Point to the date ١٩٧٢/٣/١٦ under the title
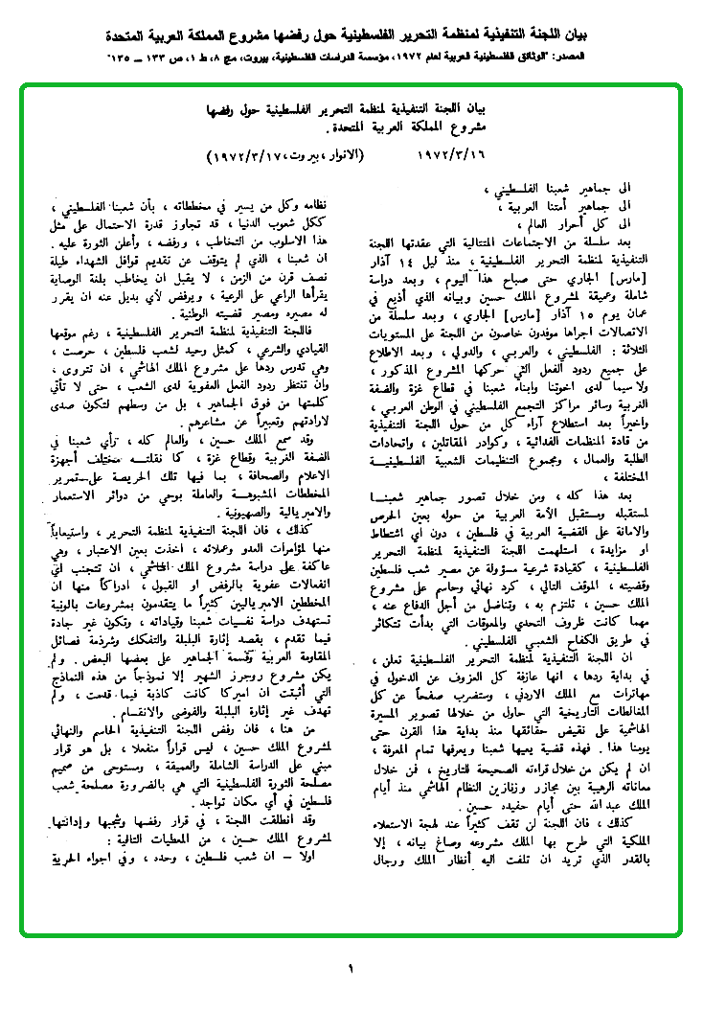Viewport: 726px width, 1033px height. click(457, 154)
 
